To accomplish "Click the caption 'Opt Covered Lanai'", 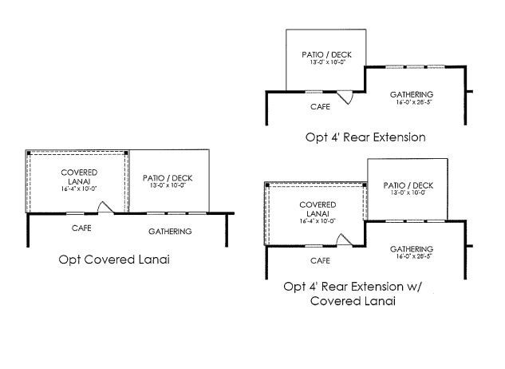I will click(x=114, y=260).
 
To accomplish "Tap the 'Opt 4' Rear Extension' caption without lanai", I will click(x=365, y=137).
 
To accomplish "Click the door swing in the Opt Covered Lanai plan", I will click(x=104, y=208).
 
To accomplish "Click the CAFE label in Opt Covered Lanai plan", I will click(x=81, y=228).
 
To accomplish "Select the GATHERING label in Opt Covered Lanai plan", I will click(x=170, y=232).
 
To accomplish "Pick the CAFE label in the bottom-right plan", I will click(x=320, y=260).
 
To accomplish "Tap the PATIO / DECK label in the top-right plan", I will click(x=326, y=55).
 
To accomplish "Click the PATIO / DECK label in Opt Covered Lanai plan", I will click(x=168, y=178).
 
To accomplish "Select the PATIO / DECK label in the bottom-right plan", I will click(x=408, y=185).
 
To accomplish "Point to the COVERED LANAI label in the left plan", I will click(x=79, y=177).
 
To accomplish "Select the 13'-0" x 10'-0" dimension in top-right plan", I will click(x=326, y=65).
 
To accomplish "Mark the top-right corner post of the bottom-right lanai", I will click(x=365, y=185).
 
